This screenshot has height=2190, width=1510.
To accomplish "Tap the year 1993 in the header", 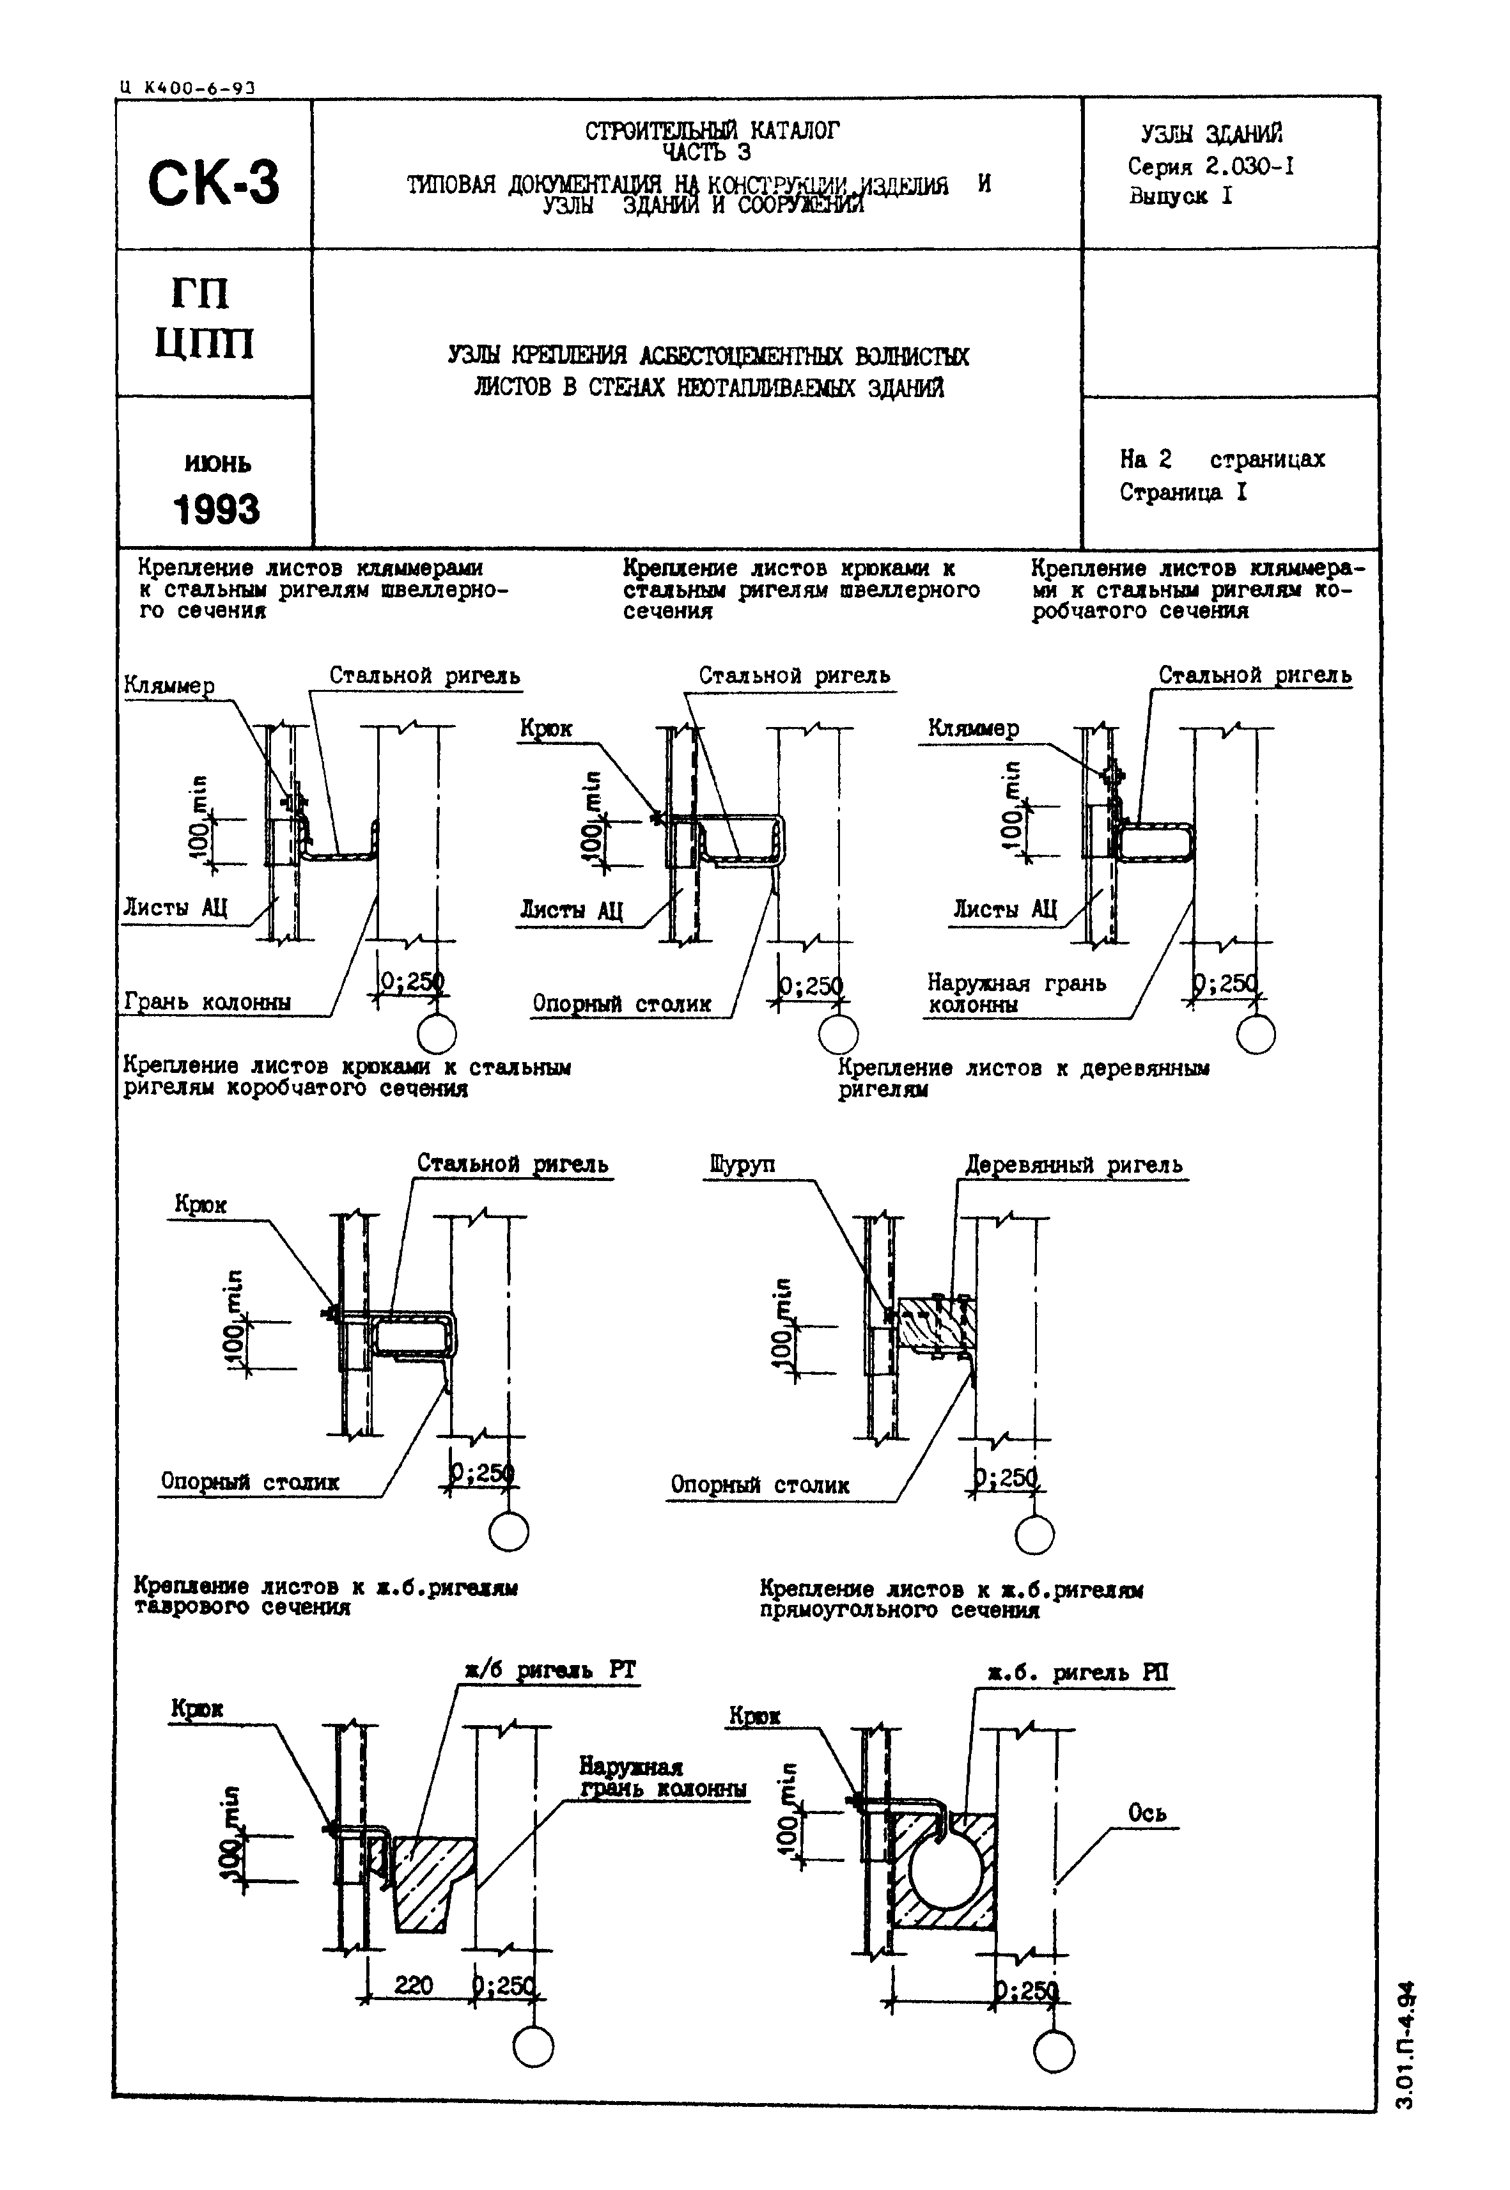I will click(215, 509).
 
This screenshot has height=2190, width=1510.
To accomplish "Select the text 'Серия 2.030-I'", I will click(1210, 167).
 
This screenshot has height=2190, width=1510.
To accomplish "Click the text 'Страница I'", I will click(1183, 492).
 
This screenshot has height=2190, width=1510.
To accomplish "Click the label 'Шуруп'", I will click(741, 1164).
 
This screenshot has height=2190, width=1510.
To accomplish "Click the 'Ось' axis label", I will click(1147, 1812).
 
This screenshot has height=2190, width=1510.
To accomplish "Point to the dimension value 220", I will click(414, 1985).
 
